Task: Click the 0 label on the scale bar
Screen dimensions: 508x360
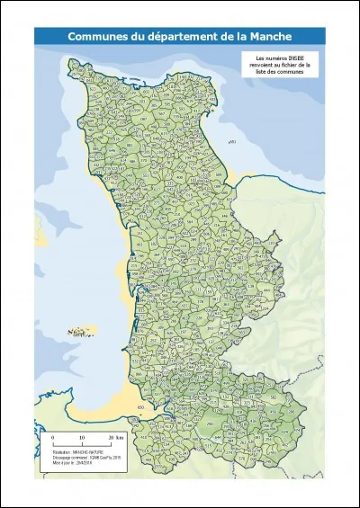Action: (53, 437)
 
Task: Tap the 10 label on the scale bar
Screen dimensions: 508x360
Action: (82, 437)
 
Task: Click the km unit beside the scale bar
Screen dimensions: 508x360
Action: (119, 437)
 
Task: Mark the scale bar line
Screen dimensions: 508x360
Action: (82, 444)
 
